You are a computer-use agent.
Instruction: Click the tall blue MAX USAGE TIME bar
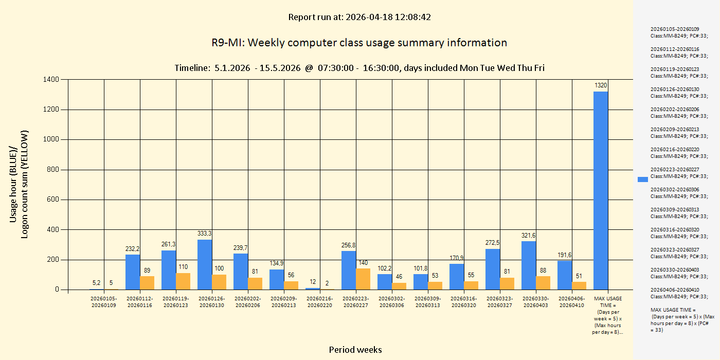[601, 190]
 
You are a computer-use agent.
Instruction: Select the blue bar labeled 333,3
[205, 264]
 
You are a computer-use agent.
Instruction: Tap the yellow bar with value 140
[363, 279]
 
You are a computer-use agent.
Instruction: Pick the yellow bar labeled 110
[183, 281]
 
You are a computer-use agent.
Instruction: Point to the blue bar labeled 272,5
[493, 269]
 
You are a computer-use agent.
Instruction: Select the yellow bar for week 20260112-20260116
[147, 283]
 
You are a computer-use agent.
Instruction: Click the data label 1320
[601, 85]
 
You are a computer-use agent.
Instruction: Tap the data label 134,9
[277, 263]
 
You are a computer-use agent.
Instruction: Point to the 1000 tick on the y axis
[52, 139]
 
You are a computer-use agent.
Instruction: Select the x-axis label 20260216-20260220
[320, 302]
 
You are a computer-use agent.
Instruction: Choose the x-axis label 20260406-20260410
[572, 302]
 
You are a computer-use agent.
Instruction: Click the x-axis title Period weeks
[355, 350]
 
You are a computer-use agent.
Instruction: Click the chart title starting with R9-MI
[359, 43]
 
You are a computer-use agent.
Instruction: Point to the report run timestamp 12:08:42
[414, 17]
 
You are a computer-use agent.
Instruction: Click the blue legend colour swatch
[642, 179]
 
